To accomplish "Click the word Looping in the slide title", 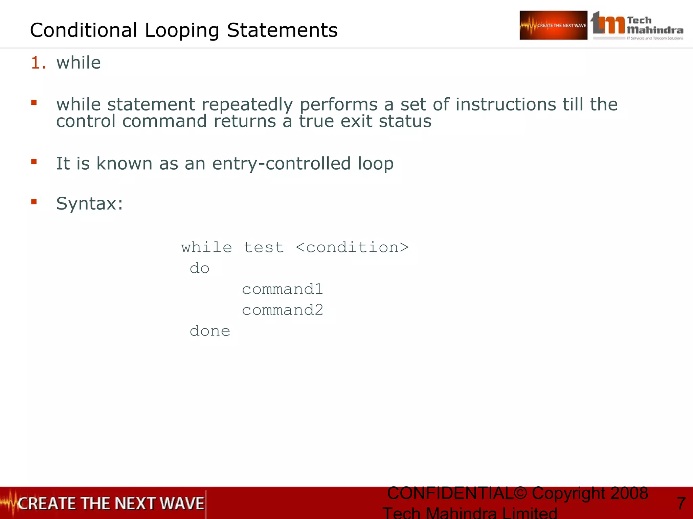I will pyautogui.click(x=182, y=30).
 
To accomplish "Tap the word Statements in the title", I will pyautogui.click(x=282, y=30).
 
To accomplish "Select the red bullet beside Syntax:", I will pyautogui.click(x=34, y=202).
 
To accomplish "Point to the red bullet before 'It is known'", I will pyautogui.click(x=34, y=162).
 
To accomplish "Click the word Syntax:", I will pyautogui.click(x=89, y=203).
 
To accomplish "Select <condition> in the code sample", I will pyautogui.click(x=352, y=247).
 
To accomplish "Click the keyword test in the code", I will pyautogui.click(x=264, y=247).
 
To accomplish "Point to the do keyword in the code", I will pyautogui.click(x=200, y=269).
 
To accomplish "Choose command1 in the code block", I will pyautogui.click(x=283, y=289).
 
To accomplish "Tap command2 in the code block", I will pyautogui.click(x=283, y=310).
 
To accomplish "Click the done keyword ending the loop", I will pyautogui.click(x=210, y=331).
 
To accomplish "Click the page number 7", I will pyautogui.click(x=681, y=503).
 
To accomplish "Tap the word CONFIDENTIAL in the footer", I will pyautogui.click(x=450, y=493).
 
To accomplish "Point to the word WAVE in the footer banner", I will pyautogui.click(x=182, y=503).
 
